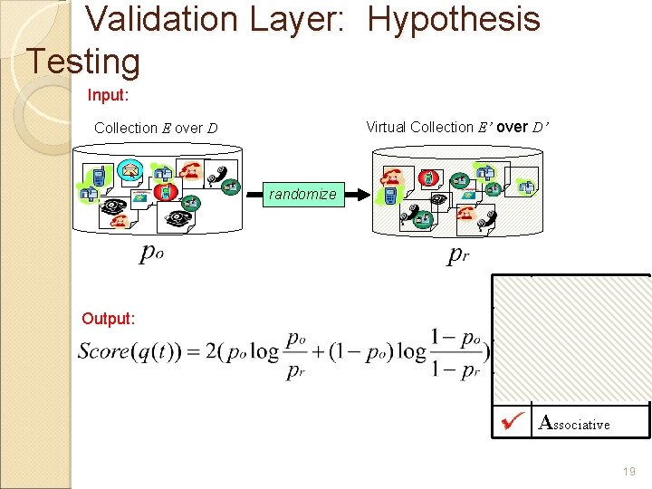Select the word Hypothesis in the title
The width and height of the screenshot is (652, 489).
click(x=454, y=19)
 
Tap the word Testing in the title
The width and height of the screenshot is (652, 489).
click(x=83, y=62)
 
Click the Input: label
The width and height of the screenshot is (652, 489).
click(x=109, y=94)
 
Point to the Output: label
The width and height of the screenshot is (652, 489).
click(x=108, y=318)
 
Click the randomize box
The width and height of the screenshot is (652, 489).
click(x=302, y=194)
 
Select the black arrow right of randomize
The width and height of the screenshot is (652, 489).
click(x=359, y=194)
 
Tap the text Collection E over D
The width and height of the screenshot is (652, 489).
click(x=156, y=128)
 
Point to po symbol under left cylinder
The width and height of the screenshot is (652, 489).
click(x=151, y=254)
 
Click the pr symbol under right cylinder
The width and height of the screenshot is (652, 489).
click(x=458, y=255)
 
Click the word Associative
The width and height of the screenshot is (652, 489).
click(x=575, y=423)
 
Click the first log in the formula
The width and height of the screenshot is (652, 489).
click(x=264, y=351)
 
